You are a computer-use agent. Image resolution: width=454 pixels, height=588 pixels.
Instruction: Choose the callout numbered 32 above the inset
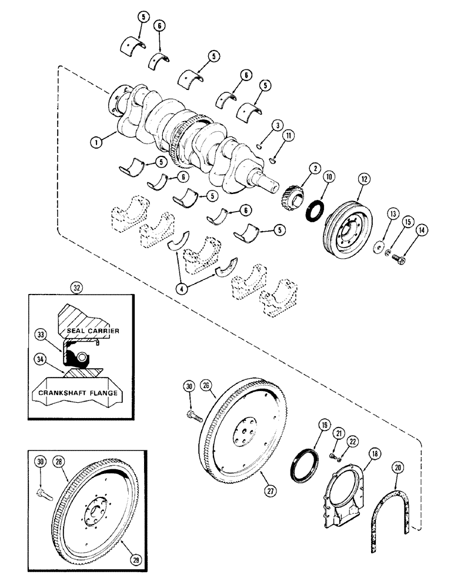pyautogui.click(x=75, y=288)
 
